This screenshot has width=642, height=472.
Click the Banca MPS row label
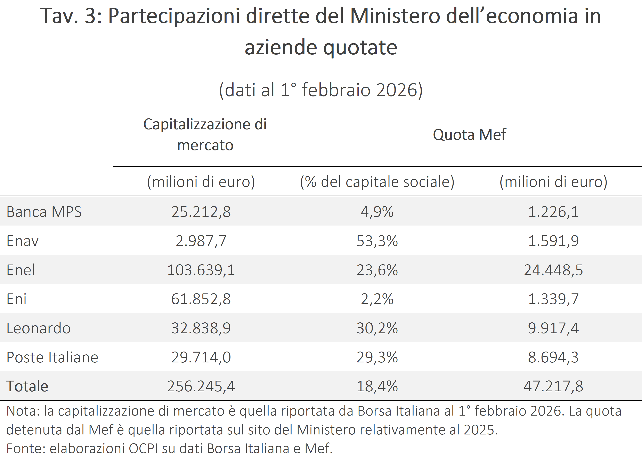click(x=44, y=212)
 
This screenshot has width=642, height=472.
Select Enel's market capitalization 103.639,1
click(x=201, y=270)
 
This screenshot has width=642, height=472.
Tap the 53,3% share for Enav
click(x=377, y=241)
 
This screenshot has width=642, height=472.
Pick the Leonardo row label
click(x=39, y=328)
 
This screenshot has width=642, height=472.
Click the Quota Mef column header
click(x=469, y=135)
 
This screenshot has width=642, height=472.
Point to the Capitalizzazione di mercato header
click(x=205, y=135)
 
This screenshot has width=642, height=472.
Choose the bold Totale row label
click(x=27, y=386)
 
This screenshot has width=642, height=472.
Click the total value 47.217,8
click(x=553, y=386)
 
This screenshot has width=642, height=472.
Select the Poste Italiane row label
click(x=52, y=357)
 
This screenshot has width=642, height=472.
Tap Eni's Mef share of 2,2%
click(x=377, y=299)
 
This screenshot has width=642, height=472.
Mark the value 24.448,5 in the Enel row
click(x=553, y=270)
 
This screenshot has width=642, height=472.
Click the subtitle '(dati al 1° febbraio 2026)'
click(x=320, y=90)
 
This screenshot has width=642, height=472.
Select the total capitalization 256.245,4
click(x=201, y=386)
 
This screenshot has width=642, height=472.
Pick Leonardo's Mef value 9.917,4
click(x=553, y=328)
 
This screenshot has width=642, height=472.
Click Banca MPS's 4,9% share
click(x=377, y=212)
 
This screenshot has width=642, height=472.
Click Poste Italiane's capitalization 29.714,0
click(x=201, y=357)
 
